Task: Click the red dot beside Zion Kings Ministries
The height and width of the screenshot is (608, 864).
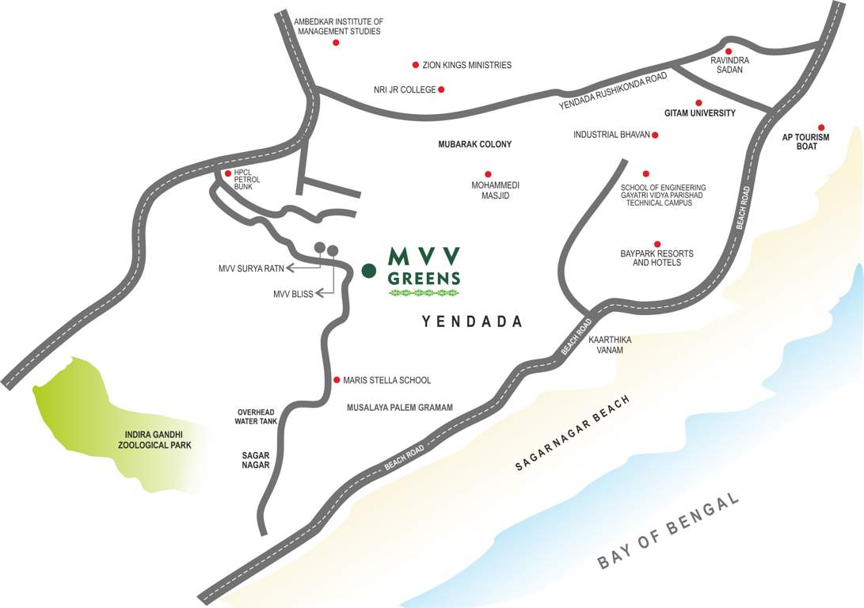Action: (415, 65)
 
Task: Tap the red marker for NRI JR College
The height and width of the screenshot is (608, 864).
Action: (441, 89)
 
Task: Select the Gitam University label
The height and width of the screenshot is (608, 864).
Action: (700, 113)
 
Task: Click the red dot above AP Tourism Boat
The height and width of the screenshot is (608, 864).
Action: (821, 127)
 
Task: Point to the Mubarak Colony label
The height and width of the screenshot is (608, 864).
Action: (475, 145)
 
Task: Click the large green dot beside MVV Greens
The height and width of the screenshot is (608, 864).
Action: (368, 271)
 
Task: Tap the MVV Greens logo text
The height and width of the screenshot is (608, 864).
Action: (424, 267)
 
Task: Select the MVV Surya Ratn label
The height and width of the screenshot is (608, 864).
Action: (251, 268)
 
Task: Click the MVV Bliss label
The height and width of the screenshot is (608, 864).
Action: (293, 294)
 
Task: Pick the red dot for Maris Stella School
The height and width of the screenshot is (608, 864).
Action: (336, 380)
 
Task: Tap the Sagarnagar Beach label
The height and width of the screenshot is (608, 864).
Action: (572, 433)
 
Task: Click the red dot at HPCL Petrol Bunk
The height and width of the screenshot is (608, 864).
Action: (228, 173)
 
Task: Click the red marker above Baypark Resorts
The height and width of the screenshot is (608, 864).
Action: (657, 244)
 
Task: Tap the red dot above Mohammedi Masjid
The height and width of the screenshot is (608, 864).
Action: (488, 174)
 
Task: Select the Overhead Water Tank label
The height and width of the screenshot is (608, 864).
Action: (256, 417)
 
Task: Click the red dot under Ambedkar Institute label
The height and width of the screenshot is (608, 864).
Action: (336, 43)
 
